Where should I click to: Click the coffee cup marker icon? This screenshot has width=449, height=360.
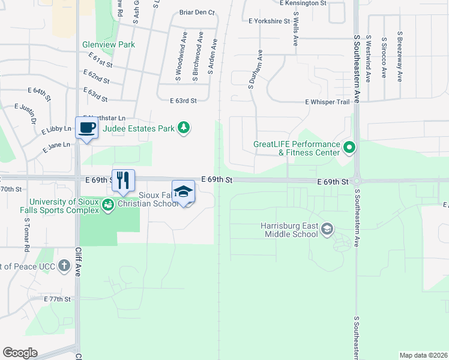coord(87,127)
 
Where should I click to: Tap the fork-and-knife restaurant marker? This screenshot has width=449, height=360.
coord(123,180)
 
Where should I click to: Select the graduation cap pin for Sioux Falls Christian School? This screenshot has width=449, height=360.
coord(183,191)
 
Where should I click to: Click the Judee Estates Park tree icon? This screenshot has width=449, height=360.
coord(184,128)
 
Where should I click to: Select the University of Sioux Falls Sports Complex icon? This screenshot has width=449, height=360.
coord(107,206)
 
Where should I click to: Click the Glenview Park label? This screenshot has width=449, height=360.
coord(109,44)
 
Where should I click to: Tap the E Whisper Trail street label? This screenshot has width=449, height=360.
coord(327,102)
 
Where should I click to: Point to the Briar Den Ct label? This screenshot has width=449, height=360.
coord(197,12)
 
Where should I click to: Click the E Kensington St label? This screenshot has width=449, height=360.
coord(303,3)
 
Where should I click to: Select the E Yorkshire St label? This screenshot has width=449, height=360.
coord(270,21)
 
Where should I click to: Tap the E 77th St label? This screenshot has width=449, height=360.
coord(57,298)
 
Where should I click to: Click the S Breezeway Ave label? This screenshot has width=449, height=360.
coord(399,56)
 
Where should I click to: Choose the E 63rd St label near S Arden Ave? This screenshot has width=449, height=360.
coord(183,101)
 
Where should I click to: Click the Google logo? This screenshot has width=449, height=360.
coord(20,353)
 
